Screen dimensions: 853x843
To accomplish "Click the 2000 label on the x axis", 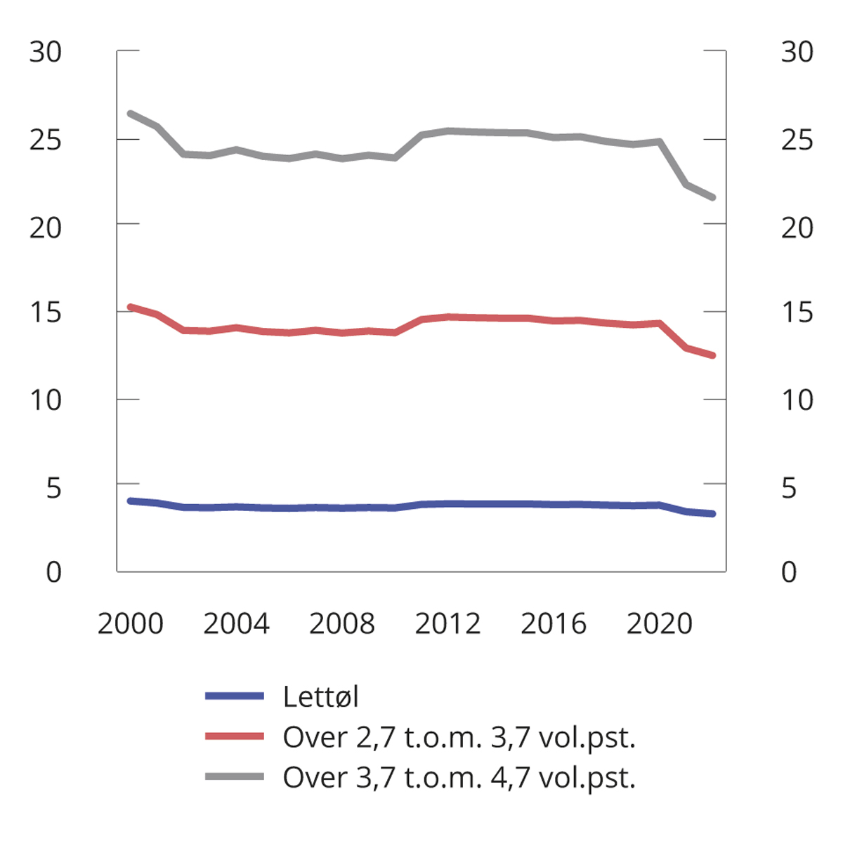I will tap(130, 623).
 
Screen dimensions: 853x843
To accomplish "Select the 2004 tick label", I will tap(236, 623).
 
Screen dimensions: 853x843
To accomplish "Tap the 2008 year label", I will tap(342, 623).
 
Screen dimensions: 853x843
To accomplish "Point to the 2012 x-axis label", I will tap(447, 623).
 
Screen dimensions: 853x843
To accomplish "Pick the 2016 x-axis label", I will tap(554, 623).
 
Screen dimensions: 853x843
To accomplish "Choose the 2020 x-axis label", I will tap(659, 623).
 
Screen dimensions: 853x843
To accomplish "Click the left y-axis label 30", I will tap(46, 52).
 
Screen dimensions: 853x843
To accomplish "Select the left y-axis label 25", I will tap(46, 140).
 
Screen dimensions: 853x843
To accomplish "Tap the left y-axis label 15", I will tap(46, 312).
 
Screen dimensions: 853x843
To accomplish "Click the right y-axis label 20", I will tap(797, 227).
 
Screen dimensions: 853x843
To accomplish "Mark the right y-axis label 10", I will tap(797, 400).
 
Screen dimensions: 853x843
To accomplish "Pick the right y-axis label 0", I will tap(789, 572).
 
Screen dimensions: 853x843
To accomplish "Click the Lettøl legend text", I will tap(321, 696).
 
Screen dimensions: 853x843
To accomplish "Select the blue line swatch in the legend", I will tap(235, 696).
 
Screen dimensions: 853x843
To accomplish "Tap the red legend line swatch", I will tap(235, 736).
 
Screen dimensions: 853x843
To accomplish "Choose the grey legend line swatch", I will tap(235, 776).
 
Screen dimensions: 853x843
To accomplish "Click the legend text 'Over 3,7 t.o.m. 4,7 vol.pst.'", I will tap(459, 777).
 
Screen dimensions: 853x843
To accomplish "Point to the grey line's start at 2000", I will tap(131, 113).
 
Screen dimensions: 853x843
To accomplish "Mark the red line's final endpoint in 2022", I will tap(712, 356).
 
